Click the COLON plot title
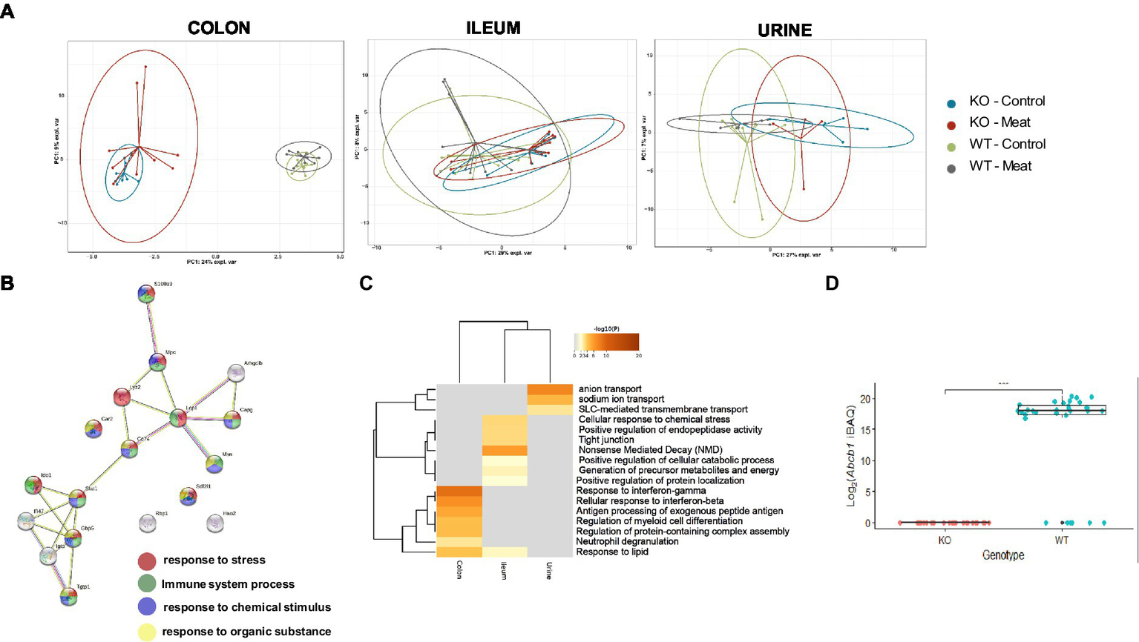(219, 28)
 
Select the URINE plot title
(784, 30)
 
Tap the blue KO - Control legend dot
(951, 104)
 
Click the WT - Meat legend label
(1000, 166)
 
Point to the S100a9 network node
(147, 294)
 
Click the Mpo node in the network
(157, 363)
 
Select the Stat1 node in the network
(78, 498)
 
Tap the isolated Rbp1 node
(148, 523)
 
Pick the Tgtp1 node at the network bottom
(68, 596)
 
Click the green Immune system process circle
(147, 584)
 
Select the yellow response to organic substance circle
(147, 632)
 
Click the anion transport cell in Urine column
(550, 389)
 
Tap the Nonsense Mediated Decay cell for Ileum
(505, 450)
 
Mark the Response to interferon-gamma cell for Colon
(459, 491)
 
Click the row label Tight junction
(606, 440)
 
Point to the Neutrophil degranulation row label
(627, 541)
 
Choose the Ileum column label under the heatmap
(504, 570)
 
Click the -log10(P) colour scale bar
(606, 342)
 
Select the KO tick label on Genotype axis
(944, 540)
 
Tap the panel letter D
(832, 283)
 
